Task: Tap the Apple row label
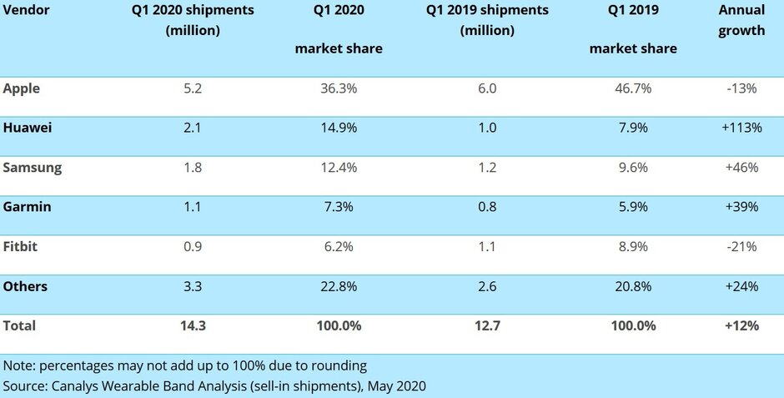tap(22, 88)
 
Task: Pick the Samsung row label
tap(33, 167)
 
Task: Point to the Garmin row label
tap(27, 207)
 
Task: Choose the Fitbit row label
tap(21, 246)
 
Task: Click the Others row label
tap(25, 286)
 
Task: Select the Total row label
tap(19, 325)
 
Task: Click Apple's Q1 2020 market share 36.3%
tap(338, 88)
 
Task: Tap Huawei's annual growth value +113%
tap(741, 128)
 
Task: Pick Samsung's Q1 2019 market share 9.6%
tap(632, 167)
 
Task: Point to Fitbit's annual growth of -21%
tap(741, 246)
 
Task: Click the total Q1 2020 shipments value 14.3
tap(192, 325)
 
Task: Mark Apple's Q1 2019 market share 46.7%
tap(632, 88)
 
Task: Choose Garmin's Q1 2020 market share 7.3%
tap(338, 207)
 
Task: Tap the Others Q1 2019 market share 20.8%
tap(632, 286)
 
